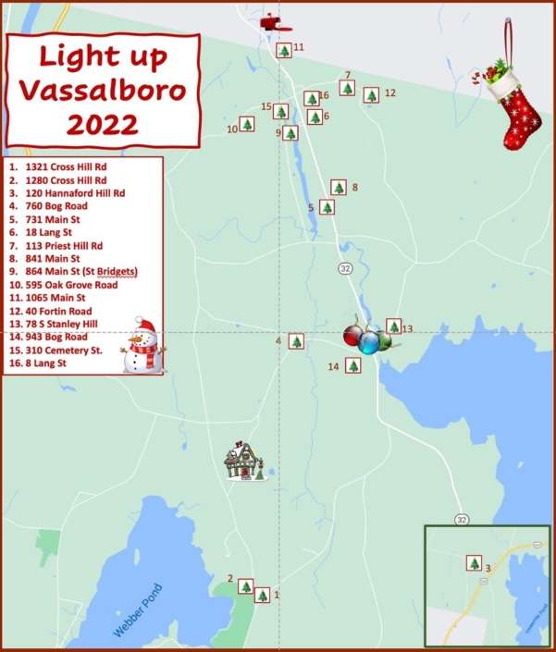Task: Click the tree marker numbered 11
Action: click(283, 51)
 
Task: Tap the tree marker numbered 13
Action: click(393, 326)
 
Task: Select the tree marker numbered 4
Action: click(296, 341)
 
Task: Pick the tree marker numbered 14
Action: click(352, 366)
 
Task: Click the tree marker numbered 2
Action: click(246, 585)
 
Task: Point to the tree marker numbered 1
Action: click(263, 595)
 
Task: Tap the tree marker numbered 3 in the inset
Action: click(475, 563)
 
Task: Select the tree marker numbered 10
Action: click(247, 124)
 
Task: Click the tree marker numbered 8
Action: click(339, 188)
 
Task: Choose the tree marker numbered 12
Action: click(371, 95)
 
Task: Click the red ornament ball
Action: click(352, 337)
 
